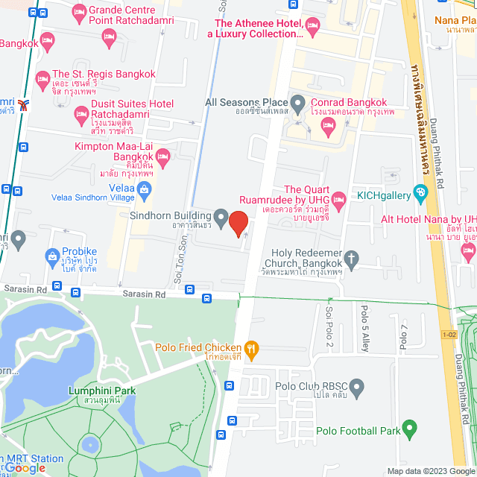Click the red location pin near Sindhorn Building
tap(238, 224)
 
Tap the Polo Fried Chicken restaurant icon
tap(252, 347)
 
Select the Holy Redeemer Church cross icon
tap(352, 259)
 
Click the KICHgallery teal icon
tap(421, 194)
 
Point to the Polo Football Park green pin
tap(408, 430)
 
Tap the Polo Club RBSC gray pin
tap(357, 386)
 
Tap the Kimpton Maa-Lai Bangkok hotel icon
tap(163, 156)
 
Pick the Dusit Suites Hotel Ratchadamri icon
tap(81, 115)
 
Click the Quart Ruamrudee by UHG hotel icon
tap(338, 199)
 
